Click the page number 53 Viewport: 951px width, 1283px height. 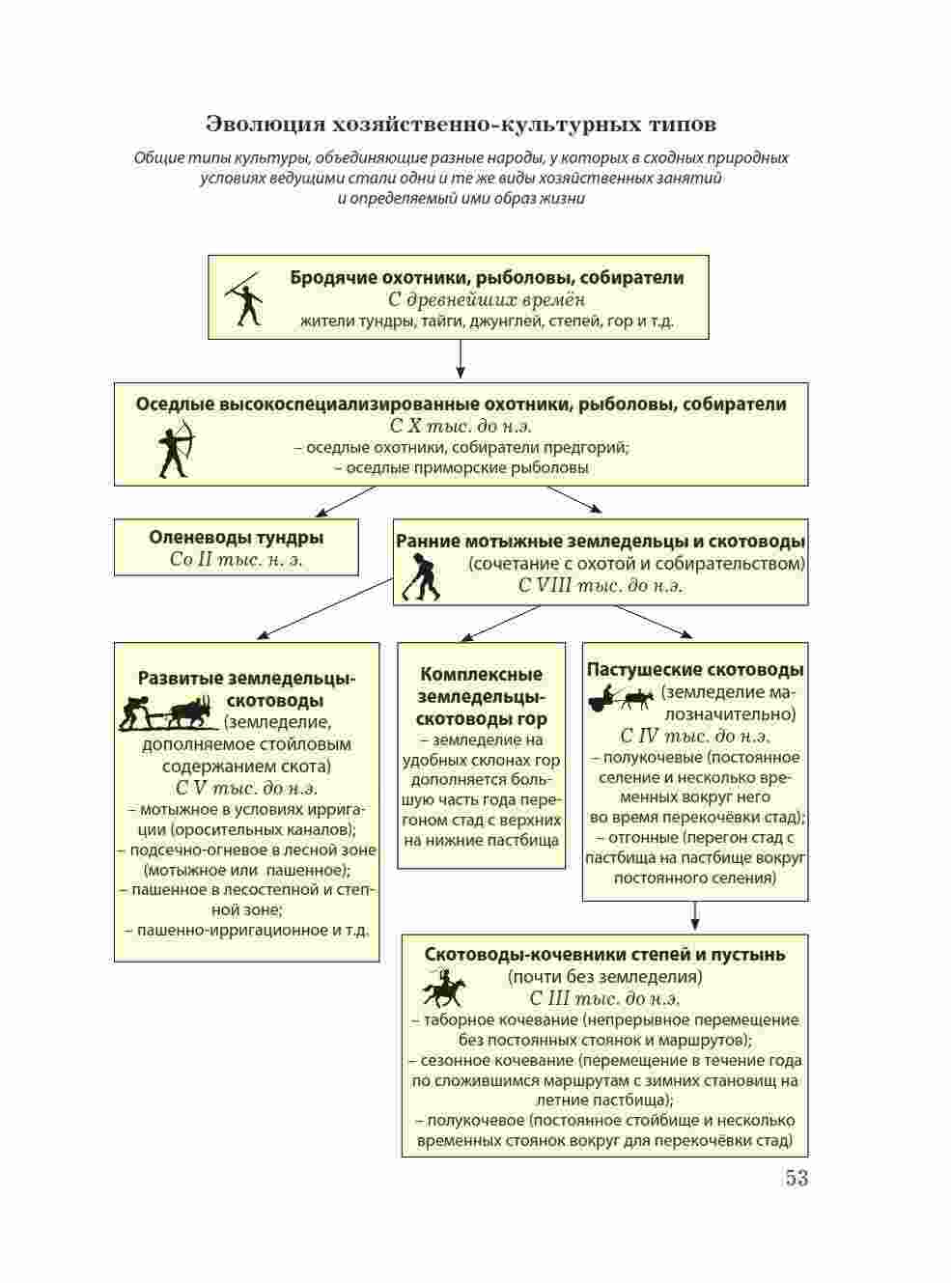(796, 1178)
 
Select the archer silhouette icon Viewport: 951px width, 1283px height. (176, 449)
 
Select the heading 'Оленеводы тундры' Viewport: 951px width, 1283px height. (236, 538)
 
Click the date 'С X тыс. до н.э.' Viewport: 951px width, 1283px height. (461, 426)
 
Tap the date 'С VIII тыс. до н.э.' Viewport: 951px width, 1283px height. (600, 585)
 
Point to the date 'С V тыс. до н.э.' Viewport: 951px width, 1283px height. (246, 788)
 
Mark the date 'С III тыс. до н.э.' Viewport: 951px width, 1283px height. (604, 999)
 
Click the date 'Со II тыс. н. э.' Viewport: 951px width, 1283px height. (236, 560)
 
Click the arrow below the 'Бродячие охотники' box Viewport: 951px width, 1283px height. (461, 360)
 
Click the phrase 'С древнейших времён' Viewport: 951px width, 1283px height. (487, 299)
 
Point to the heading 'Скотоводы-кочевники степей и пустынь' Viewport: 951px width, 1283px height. (604, 955)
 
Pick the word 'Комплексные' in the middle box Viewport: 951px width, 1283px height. (481, 674)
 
